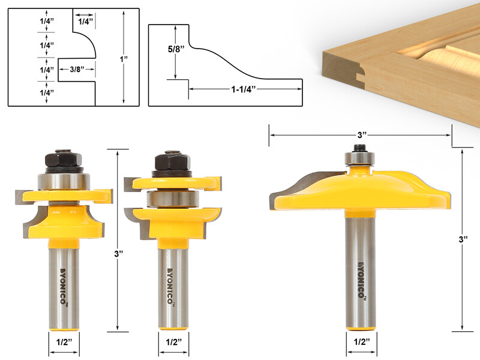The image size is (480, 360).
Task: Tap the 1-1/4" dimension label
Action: pos(244,89)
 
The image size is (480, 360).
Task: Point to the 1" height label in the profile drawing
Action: pos(124,59)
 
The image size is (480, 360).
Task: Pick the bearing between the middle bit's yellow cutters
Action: pos(172,199)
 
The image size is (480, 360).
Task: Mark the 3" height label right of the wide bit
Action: pos(461,239)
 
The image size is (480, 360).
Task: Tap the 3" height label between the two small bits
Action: pos(118,254)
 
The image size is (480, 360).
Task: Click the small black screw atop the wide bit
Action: pos(359,147)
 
